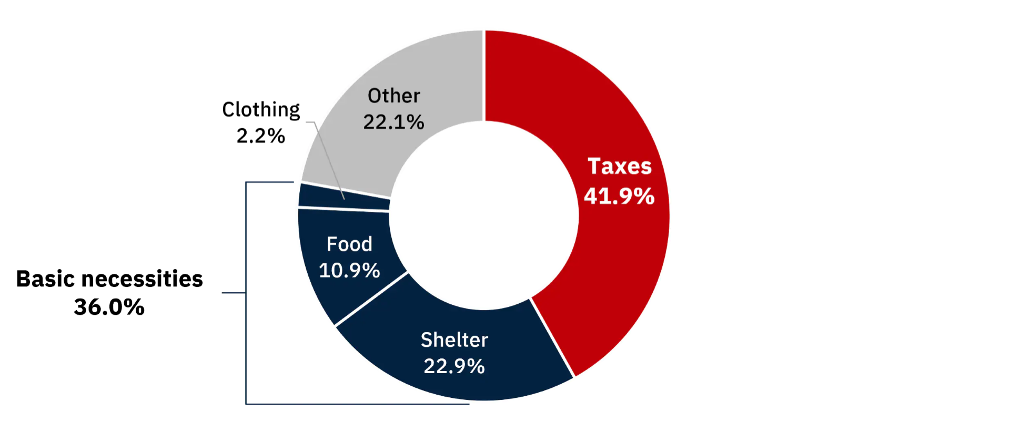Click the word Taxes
click(x=620, y=166)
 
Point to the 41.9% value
click(x=619, y=196)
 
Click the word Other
click(x=394, y=96)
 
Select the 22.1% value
click(x=393, y=122)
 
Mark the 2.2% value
click(x=261, y=136)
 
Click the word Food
click(x=349, y=244)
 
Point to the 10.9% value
click(x=349, y=270)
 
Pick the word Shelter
click(x=454, y=340)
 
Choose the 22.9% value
click(x=454, y=366)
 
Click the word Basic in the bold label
click(x=45, y=279)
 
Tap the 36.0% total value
click(x=109, y=307)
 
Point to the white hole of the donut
click(x=484, y=215)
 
